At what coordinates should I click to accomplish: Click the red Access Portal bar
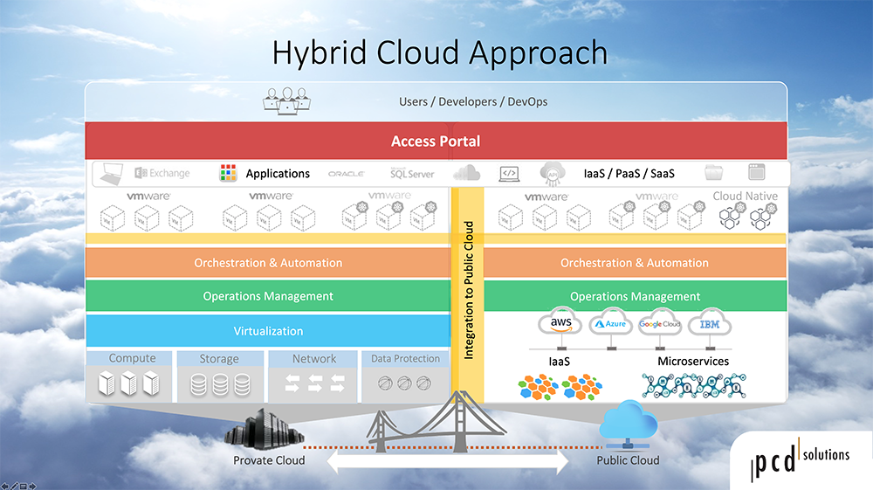click(436, 141)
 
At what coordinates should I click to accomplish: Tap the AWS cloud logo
click(560, 324)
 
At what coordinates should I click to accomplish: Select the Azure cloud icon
click(610, 324)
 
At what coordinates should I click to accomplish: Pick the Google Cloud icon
click(660, 324)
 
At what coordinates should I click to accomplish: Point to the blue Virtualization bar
click(268, 331)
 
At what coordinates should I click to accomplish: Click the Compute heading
click(133, 358)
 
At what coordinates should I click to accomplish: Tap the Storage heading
click(218, 359)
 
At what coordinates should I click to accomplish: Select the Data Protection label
click(405, 359)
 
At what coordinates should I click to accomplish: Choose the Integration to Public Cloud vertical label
click(468, 290)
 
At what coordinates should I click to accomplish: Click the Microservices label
click(692, 361)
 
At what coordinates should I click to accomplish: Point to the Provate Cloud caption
click(269, 460)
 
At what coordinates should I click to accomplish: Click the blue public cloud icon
click(627, 424)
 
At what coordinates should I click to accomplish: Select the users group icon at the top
click(287, 101)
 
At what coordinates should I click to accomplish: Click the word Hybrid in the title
click(320, 52)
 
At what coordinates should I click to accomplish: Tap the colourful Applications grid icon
click(228, 173)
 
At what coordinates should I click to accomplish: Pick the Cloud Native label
click(745, 197)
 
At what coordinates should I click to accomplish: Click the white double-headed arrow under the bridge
click(448, 471)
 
